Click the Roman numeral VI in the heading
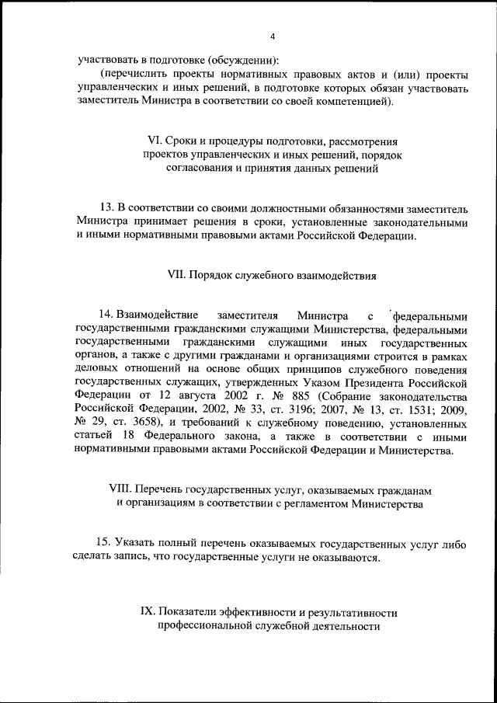(153, 141)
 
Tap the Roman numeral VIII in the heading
(120, 489)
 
